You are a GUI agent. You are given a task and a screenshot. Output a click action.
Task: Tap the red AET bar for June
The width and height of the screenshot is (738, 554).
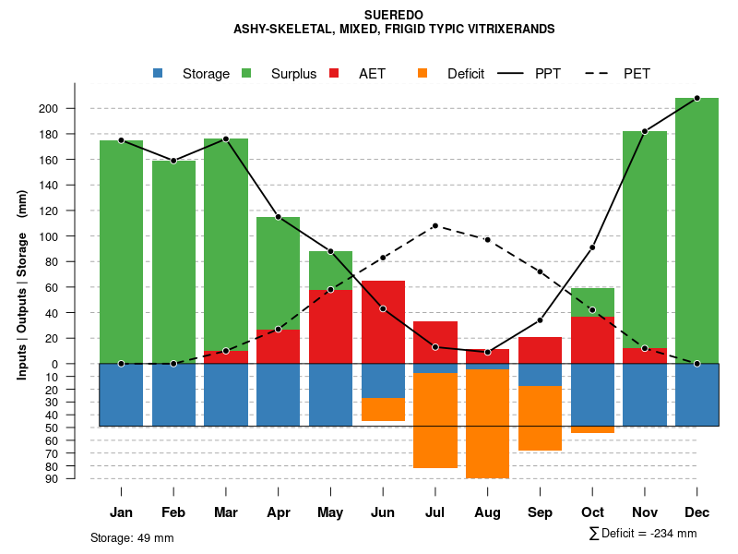(383, 322)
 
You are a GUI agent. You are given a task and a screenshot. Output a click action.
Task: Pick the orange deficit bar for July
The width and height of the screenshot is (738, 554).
(435, 420)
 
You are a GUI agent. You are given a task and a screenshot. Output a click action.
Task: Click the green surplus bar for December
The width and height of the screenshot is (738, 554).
(696, 231)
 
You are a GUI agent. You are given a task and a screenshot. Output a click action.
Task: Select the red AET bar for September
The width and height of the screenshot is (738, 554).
(540, 350)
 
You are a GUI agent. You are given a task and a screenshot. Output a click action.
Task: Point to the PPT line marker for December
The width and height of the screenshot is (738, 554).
(696, 98)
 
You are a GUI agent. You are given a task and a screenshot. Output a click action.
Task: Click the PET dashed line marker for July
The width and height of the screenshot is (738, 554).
(435, 225)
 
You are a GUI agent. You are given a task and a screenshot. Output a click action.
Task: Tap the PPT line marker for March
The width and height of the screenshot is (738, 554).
(226, 138)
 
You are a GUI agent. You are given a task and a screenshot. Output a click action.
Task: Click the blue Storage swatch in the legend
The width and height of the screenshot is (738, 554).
(158, 73)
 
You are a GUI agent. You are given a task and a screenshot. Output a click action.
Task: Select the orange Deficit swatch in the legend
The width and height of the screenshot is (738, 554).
(423, 73)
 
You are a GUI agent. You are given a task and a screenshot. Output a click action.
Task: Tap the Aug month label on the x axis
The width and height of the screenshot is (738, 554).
(487, 512)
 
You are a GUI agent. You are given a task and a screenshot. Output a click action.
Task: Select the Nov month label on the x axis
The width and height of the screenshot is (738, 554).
(644, 512)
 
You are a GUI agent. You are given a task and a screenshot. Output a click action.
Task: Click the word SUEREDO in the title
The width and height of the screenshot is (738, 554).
(394, 15)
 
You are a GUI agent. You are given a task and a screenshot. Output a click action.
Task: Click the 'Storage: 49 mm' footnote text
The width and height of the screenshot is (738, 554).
(132, 537)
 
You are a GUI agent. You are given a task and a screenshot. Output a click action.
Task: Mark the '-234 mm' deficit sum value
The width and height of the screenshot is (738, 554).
(674, 534)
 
